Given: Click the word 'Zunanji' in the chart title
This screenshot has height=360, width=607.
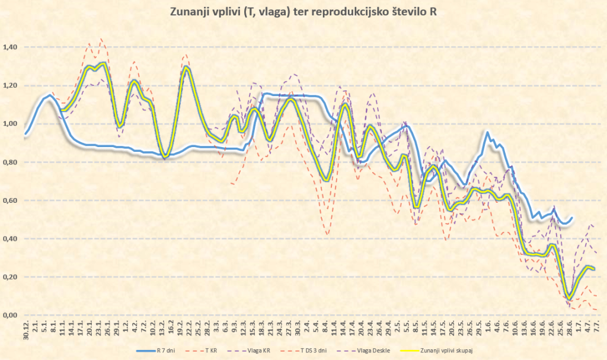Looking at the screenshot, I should [189, 11].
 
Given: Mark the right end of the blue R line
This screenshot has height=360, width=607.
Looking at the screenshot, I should [572, 218].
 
